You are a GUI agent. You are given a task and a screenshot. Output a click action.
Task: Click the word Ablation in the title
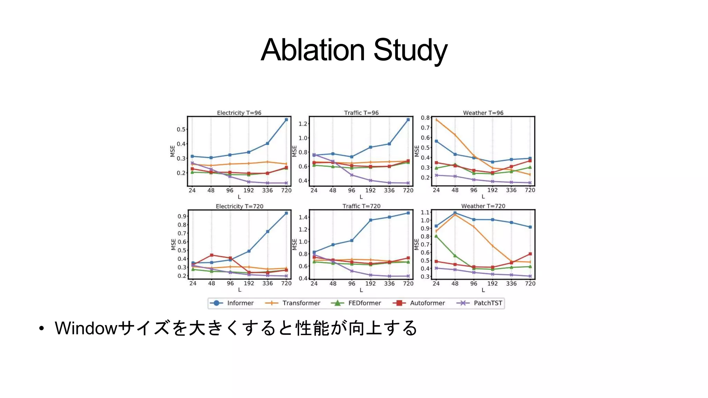[313, 50]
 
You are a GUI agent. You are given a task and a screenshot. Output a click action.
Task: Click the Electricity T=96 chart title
[239, 113]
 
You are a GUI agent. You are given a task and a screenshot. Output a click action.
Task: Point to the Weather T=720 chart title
[483, 206]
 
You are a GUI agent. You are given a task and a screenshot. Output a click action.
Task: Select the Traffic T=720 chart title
[361, 206]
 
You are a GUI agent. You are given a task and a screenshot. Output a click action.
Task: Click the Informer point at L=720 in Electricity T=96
[286, 120]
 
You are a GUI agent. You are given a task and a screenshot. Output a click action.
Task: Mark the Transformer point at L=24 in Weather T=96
[436, 120]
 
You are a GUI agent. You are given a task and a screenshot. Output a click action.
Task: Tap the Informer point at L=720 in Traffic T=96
[408, 120]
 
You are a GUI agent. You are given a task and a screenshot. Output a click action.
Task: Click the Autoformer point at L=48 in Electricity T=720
[212, 255]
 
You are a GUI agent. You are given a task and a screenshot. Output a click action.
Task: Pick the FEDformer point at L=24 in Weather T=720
[436, 236]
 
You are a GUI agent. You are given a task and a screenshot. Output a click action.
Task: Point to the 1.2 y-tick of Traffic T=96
[303, 124]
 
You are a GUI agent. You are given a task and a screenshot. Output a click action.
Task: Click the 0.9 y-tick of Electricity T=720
[182, 216]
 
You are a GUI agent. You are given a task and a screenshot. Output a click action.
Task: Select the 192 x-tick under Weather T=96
[492, 190]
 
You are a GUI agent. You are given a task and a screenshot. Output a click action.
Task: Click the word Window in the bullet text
[86, 328]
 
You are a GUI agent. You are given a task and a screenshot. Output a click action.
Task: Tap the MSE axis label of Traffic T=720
[295, 244]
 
